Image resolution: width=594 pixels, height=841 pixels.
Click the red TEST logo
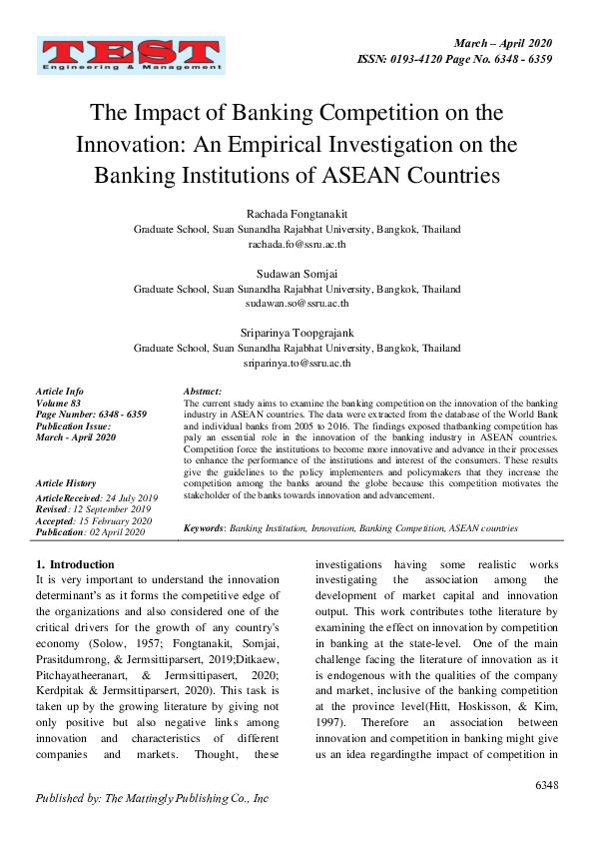click(131, 56)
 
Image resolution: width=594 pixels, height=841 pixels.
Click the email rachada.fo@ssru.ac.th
click(297, 243)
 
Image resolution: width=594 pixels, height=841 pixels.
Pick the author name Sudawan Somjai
click(297, 273)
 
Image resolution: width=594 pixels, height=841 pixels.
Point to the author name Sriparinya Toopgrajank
click(297, 333)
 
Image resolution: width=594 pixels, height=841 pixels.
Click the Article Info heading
click(60, 392)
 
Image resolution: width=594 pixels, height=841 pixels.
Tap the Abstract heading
click(203, 392)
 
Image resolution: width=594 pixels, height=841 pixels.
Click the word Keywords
click(205, 527)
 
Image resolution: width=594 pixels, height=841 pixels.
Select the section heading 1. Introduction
click(75, 564)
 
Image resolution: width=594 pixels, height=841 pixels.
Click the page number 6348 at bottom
click(546, 785)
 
